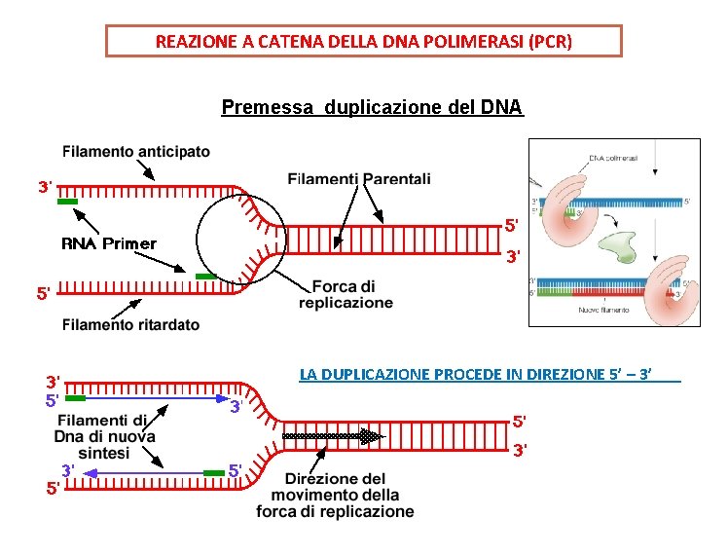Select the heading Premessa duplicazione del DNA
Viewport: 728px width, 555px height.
tap(372, 106)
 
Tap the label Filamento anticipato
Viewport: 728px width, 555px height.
tap(135, 152)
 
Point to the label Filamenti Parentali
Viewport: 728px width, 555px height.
tap(359, 178)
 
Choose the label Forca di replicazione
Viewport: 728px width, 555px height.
tap(346, 294)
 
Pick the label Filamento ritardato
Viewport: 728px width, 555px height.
tap(130, 325)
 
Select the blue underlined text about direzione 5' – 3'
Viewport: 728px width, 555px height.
tap(490, 374)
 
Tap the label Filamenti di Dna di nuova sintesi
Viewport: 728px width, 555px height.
tap(104, 436)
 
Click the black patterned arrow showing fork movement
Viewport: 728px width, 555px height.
tap(331, 437)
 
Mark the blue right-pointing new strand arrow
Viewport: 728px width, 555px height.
tap(156, 398)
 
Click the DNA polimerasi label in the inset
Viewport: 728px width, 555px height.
tap(613, 158)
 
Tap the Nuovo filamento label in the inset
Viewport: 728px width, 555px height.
tap(603, 311)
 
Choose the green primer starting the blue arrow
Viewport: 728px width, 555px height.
tap(75, 398)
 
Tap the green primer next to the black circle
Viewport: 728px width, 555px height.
tap(205, 277)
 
